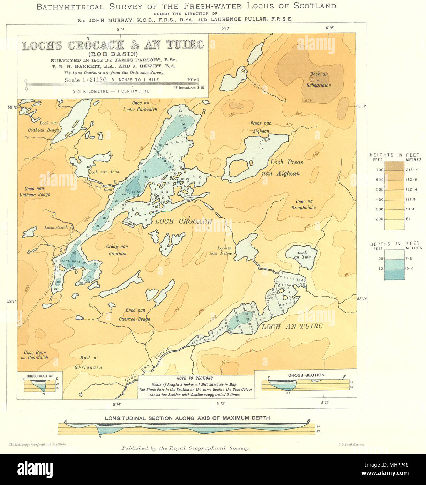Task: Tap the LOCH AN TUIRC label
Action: (x=292, y=327)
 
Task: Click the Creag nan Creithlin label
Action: (x=117, y=250)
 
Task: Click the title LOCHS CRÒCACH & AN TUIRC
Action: (x=113, y=45)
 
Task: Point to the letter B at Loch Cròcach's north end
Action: (x=203, y=112)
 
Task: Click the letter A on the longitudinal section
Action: (x=65, y=421)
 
